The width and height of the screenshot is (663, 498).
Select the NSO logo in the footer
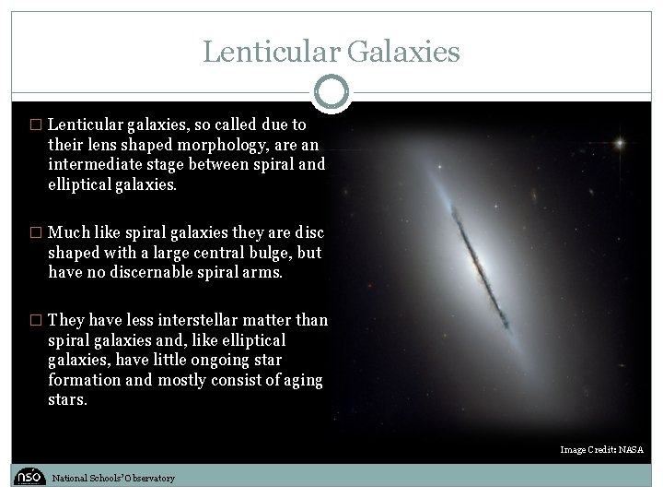29,476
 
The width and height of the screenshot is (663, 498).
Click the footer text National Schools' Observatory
112,478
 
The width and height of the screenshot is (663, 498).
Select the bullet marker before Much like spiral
36,231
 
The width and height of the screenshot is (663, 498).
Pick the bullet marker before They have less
36,320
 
